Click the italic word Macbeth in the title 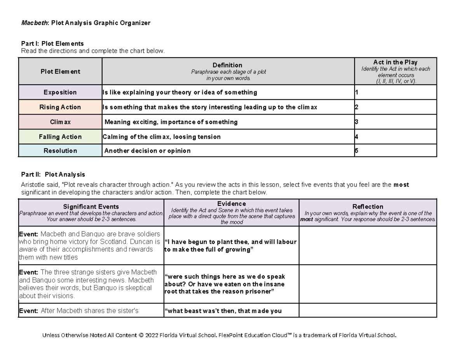pyautogui.click(x=33, y=23)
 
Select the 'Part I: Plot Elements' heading pyautogui.click(x=52, y=43)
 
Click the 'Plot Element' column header pyautogui.click(x=60, y=71)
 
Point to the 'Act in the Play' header pyautogui.click(x=395, y=62)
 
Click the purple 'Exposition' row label pyautogui.click(x=60, y=92)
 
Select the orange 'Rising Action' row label pyautogui.click(x=60, y=107)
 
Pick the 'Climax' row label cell pyautogui.click(x=60, y=122)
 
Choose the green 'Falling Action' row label pyautogui.click(x=60, y=137)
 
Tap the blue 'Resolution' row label pyautogui.click(x=60, y=151)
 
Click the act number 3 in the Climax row pyautogui.click(x=356, y=122)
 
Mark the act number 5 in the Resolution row pyautogui.click(x=356, y=151)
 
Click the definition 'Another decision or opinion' pyautogui.click(x=148, y=151)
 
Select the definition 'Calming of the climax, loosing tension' pyautogui.click(x=162, y=137)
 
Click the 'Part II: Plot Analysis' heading pyautogui.click(x=53, y=174)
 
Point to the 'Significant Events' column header pyautogui.click(x=91, y=207)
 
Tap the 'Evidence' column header pyautogui.click(x=231, y=203)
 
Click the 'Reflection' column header pyautogui.click(x=367, y=207)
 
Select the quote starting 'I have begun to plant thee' pyautogui.click(x=231, y=246)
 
